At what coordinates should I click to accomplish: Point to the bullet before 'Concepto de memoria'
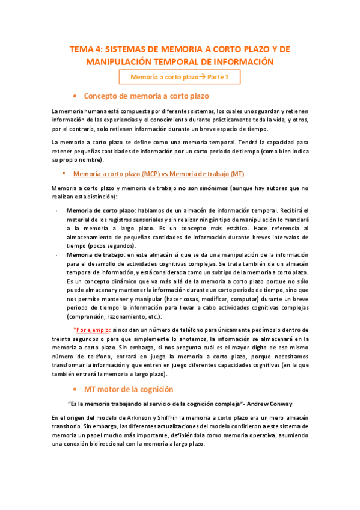click(73, 96)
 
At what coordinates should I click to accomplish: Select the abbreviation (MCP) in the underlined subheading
click(151, 174)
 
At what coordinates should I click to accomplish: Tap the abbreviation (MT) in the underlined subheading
click(236, 174)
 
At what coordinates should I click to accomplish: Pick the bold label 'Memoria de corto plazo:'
click(101, 210)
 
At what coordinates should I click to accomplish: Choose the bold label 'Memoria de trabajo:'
click(96, 254)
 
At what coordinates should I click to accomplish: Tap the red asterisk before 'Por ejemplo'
click(75, 330)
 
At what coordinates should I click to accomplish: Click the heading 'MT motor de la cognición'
click(129, 389)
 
